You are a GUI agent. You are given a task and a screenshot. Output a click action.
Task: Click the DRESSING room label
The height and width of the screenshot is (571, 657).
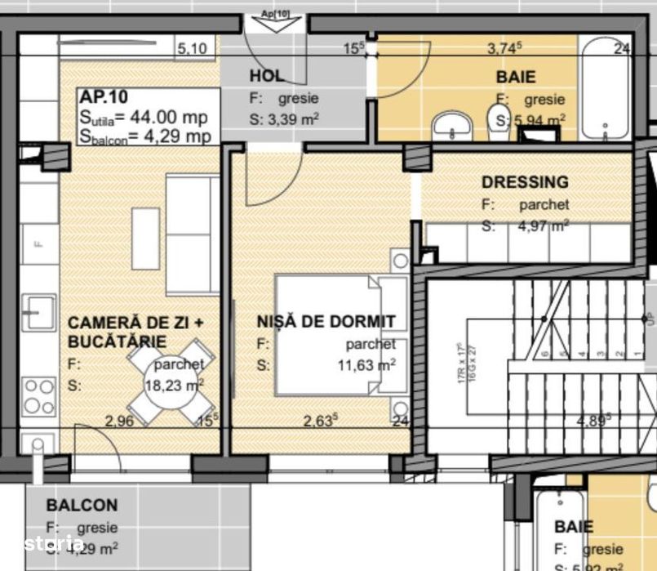click(x=525, y=182)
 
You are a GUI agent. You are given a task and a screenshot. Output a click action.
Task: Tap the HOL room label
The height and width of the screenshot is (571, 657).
click(x=266, y=76)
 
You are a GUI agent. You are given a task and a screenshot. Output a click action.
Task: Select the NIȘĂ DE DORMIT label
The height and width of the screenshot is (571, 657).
click(x=326, y=322)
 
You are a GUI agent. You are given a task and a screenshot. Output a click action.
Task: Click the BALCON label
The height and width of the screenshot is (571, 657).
click(x=82, y=506)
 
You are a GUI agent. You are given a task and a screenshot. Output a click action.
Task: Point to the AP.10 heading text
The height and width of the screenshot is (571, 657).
click(x=99, y=96)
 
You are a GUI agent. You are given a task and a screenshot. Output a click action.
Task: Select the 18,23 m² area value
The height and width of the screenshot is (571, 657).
click(x=174, y=385)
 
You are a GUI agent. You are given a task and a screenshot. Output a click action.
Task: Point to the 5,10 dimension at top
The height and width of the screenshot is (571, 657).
click(x=192, y=49)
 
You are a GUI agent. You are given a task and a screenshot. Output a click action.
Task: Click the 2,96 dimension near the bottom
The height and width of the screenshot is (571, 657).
click(x=118, y=422)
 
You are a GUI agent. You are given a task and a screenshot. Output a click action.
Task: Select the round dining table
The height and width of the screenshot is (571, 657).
click(x=171, y=382)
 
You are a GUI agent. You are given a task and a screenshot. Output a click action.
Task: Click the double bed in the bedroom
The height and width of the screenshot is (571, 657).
click(x=335, y=335)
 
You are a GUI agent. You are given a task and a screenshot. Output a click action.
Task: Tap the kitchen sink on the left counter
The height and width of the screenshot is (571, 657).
click(x=38, y=310)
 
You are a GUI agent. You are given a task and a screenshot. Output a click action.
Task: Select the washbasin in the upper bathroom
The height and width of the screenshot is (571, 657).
click(x=452, y=126)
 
